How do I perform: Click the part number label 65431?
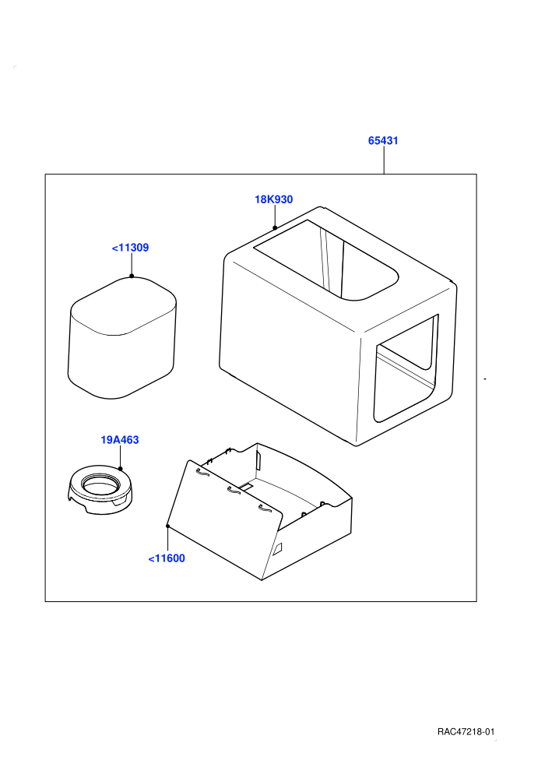point(383,141)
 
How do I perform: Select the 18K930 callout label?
point(274,199)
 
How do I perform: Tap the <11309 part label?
point(130,248)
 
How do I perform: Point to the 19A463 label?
point(120,439)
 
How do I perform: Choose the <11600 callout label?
point(167,558)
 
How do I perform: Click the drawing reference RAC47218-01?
point(466,731)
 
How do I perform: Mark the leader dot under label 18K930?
point(275,227)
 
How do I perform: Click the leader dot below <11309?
point(132,276)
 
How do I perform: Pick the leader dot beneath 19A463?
point(121,469)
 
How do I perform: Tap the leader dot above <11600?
point(168,526)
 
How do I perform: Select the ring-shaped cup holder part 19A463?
point(100,490)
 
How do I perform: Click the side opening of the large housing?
point(406,368)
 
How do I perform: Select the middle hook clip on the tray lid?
point(233,490)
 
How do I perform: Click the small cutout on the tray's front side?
point(278,549)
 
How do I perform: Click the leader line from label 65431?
point(384,160)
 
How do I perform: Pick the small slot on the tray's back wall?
point(258,461)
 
